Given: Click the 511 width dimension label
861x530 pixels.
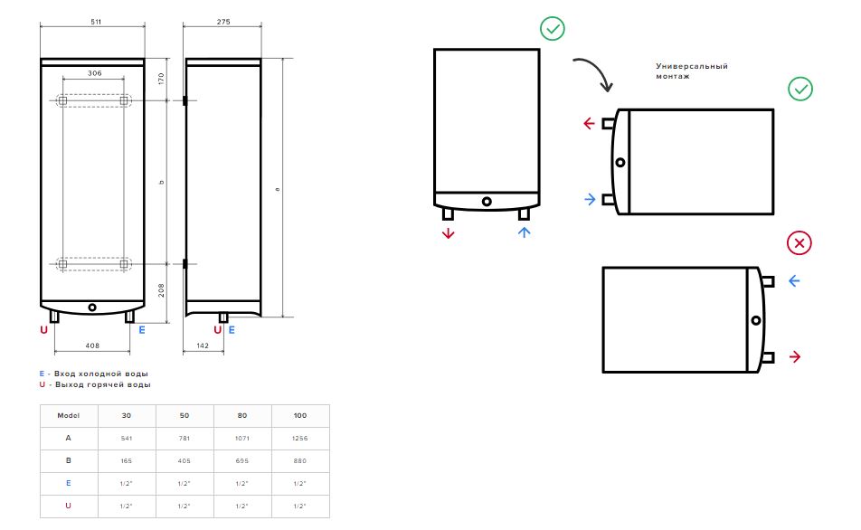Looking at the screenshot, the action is click(x=96, y=22).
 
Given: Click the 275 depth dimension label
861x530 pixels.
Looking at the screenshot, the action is click(x=223, y=22).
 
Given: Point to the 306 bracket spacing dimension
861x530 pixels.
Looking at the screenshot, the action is click(x=94, y=73).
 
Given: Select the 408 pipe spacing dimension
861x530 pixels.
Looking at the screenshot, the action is click(x=92, y=345).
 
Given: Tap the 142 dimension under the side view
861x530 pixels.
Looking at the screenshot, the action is click(x=203, y=345).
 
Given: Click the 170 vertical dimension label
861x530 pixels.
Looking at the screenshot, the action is click(x=161, y=79).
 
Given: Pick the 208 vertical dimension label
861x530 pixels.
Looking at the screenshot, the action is click(x=161, y=290).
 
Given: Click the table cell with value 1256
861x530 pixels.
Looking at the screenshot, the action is click(x=300, y=439).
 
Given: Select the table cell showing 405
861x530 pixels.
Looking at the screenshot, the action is click(x=184, y=460).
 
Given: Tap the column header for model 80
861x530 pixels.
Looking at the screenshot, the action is click(x=242, y=416).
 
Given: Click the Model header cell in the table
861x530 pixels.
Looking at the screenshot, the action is click(x=69, y=416).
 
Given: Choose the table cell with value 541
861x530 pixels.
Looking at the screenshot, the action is click(x=127, y=439).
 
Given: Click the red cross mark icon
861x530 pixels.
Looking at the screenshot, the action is click(x=799, y=242).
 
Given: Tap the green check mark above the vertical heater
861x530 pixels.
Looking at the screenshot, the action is click(x=553, y=29).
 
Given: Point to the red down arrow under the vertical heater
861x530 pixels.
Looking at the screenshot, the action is click(x=448, y=232).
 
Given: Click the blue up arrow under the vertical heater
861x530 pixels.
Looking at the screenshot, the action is click(x=524, y=232).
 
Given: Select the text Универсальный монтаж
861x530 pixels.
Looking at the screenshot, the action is click(x=691, y=71).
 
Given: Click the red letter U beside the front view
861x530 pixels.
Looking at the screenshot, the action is click(x=44, y=330).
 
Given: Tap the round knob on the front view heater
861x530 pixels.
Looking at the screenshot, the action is click(x=92, y=308).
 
